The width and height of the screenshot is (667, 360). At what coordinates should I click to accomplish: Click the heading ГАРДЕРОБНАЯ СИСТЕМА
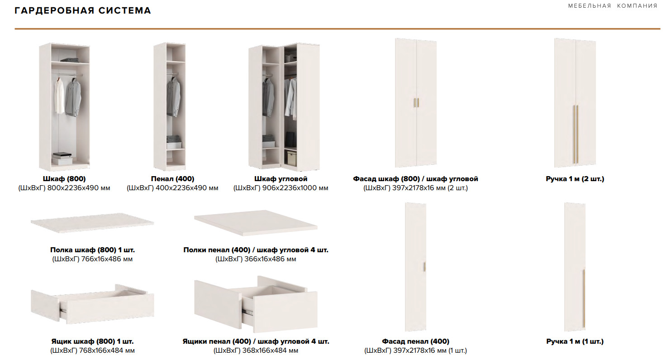click(83, 10)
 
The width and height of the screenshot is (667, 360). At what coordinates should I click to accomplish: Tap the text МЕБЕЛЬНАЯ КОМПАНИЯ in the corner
click(613, 6)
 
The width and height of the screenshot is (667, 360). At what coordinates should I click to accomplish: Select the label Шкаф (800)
click(64, 179)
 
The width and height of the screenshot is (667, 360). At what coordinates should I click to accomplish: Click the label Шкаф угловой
click(281, 179)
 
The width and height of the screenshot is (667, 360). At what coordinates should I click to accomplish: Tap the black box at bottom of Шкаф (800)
click(62, 155)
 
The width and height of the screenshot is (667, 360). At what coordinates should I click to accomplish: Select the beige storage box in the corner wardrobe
click(292, 158)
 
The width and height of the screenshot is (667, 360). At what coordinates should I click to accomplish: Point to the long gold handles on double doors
click(576, 134)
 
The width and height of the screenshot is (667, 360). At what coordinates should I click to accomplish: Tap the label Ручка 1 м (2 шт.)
click(575, 179)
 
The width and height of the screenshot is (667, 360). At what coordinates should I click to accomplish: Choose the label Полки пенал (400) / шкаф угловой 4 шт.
click(256, 250)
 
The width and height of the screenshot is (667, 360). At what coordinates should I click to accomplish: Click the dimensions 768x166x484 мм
click(107, 350)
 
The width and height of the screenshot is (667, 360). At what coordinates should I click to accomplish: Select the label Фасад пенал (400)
click(416, 341)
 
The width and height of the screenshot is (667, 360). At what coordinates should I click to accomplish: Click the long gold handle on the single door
click(584, 298)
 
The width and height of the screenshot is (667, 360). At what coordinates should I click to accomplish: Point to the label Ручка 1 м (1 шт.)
click(575, 341)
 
